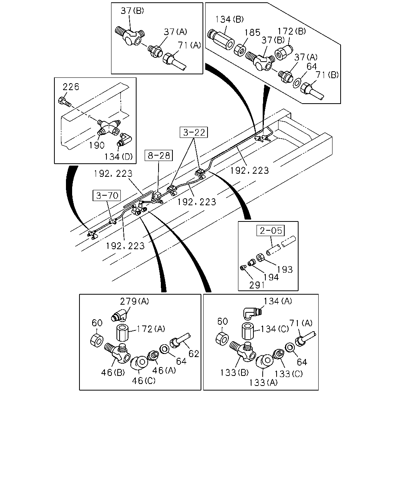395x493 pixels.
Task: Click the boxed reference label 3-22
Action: click(x=194, y=132)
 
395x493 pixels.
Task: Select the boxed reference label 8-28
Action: click(x=159, y=156)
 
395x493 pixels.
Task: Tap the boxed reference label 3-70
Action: click(x=107, y=195)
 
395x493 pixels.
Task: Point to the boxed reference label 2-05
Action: click(x=271, y=230)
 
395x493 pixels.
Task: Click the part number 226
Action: click(x=71, y=87)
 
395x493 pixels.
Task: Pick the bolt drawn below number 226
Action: click(x=64, y=102)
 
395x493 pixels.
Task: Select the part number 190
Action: click(x=96, y=145)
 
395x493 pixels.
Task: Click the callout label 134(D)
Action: click(x=119, y=157)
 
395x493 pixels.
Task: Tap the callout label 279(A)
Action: click(x=135, y=301)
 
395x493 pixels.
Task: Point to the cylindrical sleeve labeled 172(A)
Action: click(x=122, y=333)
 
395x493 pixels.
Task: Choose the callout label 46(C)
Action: click(x=143, y=381)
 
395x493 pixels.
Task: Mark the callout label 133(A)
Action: click(x=263, y=382)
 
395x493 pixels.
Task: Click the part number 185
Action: click(x=252, y=33)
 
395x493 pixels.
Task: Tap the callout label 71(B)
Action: click(x=327, y=75)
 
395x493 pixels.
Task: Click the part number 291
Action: click(x=257, y=285)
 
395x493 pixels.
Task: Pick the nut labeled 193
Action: click(x=260, y=258)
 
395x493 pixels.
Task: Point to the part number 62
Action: click(x=194, y=354)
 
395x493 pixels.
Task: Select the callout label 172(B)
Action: click(x=292, y=31)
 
